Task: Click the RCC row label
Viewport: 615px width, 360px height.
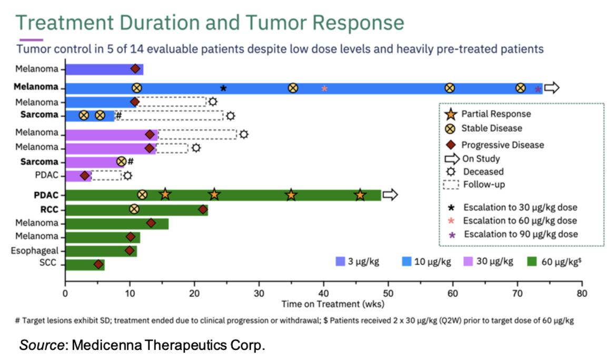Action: coord(51,209)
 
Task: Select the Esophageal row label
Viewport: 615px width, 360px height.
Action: coord(35,251)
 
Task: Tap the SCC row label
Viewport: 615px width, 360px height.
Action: coord(50,265)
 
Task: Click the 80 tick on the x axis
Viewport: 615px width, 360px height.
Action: coord(581,293)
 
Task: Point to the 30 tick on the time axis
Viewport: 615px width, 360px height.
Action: coord(259,293)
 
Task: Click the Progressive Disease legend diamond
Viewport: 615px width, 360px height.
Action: coord(450,145)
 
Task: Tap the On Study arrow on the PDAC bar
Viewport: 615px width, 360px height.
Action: coord(390,195)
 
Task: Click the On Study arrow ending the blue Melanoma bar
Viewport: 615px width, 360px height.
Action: coord(551,88)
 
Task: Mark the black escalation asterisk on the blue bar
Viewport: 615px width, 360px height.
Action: coord(223,88)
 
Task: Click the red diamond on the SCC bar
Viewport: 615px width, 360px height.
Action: coord(98,264)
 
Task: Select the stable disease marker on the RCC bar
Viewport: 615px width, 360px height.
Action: coord(134,209)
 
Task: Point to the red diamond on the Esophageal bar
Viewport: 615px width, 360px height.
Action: coord(130,251)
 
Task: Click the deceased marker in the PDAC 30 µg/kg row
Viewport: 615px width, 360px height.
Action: coord(127,176)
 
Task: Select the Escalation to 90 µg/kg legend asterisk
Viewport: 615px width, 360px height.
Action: coord(451,235)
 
